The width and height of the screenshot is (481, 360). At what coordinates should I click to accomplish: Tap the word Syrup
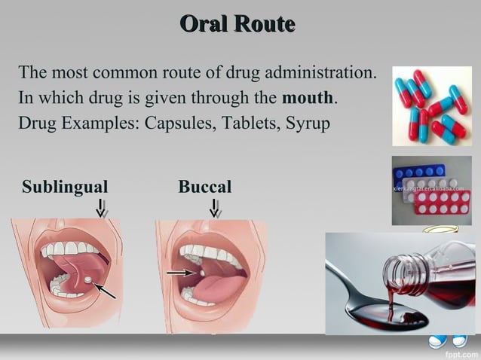pos(307,124)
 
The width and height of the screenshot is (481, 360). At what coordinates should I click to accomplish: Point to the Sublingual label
pos(65,186)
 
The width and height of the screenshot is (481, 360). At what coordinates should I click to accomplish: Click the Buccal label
pos(204,186)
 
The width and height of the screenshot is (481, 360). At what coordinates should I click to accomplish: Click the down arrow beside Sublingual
pos(102,208)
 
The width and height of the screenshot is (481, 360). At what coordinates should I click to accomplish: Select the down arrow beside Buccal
pos(215,208)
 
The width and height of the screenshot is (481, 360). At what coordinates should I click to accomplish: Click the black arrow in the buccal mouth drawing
pos(178,273)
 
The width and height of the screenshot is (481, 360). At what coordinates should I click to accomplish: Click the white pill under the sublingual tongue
pos(89,279)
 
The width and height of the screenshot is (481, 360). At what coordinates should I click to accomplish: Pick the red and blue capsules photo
pos(431,106)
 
